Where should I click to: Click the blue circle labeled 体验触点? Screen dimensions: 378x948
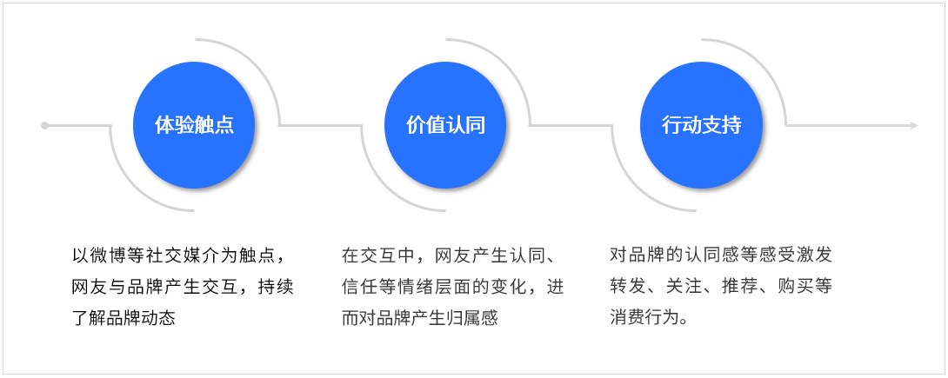tap(194, 125)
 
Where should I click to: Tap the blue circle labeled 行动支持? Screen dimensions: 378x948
tap(701, 125)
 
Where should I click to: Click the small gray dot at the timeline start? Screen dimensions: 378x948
tap(44, 125)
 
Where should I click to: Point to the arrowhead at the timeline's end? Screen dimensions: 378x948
tap(913, 125)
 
